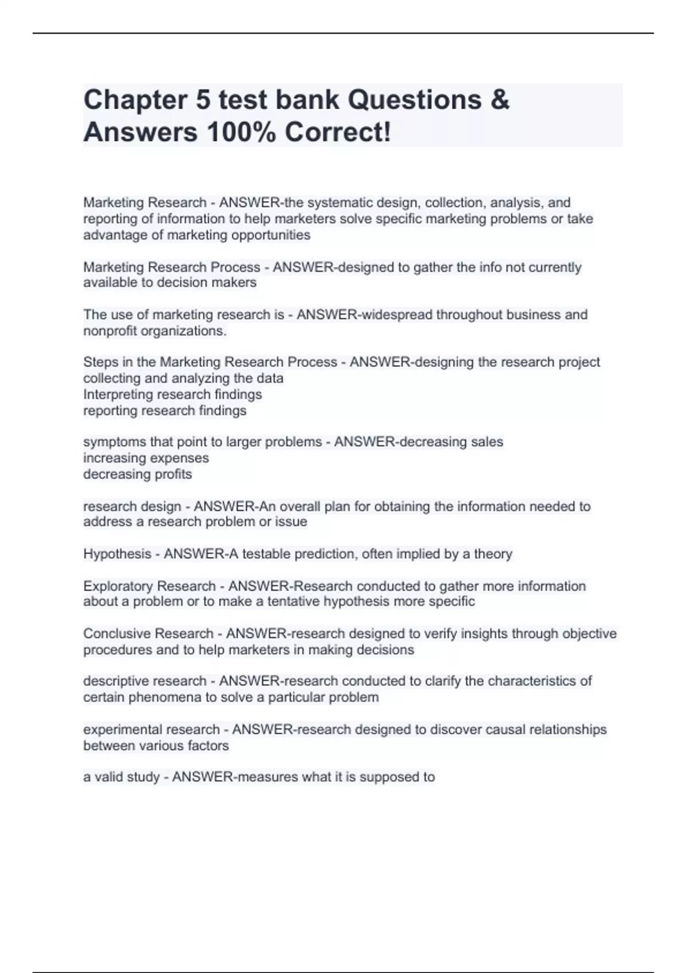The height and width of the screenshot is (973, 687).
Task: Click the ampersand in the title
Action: click(x=499, y=100)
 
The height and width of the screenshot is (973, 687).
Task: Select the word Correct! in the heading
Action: click(x=338, y=133)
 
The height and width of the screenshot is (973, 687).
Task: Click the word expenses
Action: click(x=182, y=458)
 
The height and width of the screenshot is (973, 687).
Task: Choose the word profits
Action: click(x=171, y=474)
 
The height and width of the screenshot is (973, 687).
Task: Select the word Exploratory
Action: click(x=119, y=586)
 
